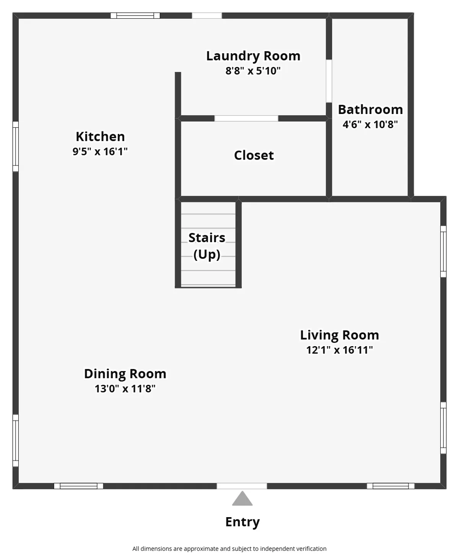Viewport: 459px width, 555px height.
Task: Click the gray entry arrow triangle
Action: coord(242,498)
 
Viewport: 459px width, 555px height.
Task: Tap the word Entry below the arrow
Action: coord(243,522)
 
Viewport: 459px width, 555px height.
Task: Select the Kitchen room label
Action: coord(100,137)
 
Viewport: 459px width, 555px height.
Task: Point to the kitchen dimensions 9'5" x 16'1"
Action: coord(100,151)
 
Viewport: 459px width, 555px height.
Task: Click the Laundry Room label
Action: coord(253,56)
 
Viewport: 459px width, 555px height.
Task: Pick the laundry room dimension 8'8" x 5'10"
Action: coord(253,71)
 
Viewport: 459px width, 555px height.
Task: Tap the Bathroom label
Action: coord(370,109)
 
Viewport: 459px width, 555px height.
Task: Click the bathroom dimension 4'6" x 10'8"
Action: coord(370,124)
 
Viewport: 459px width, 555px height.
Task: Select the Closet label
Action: coord(254,155)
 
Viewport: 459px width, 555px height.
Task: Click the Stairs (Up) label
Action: coord(207,246)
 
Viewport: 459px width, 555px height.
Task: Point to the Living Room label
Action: coord(339,335)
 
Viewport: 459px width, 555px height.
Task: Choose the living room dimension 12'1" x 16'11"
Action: coord(339,350)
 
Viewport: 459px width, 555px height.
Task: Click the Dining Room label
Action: coord(125,374)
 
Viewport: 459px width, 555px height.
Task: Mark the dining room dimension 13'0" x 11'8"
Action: coord(125,389)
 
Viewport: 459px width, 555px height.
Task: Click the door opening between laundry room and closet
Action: coord(246,118)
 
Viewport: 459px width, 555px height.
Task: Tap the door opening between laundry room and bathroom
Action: coord(329,81)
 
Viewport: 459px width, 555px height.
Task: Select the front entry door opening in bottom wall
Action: coord(242,486)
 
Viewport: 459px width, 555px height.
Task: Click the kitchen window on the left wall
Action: coord(16,146)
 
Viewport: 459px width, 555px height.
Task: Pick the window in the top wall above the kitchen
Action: coord(135,16)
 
